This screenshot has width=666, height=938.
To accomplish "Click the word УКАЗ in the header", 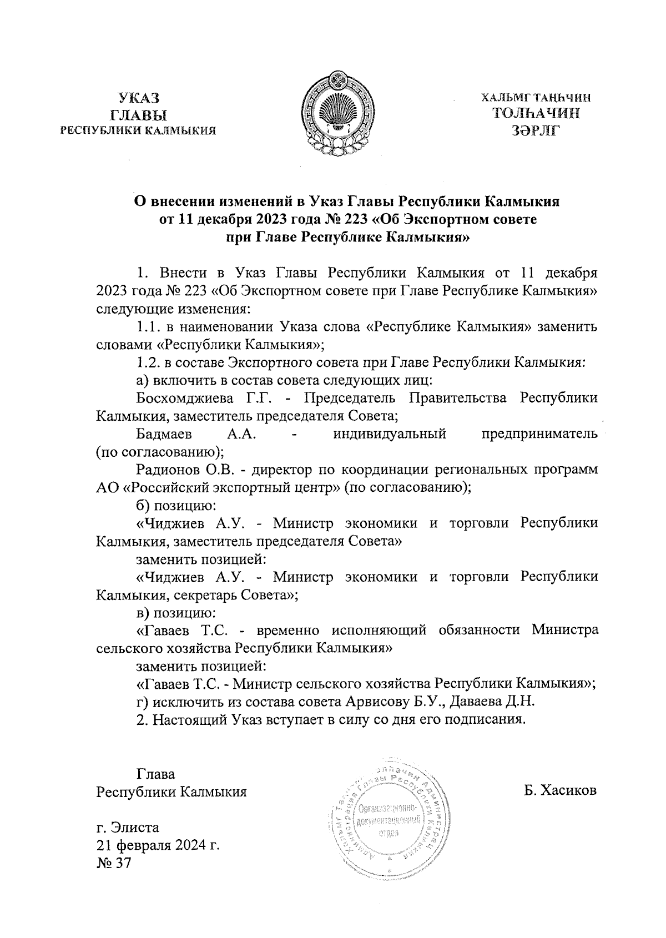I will coord(139,99).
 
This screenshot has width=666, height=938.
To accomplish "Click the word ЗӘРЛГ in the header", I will coord(536,131).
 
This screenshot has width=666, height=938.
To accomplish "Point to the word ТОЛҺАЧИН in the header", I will coord(536,114).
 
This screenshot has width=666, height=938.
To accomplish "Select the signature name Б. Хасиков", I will coord(560,790).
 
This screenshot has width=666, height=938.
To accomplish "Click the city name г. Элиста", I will coord(128,828).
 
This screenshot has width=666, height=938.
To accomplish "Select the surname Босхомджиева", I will coord(183,399).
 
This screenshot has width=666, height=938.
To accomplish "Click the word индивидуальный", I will coord(390,434).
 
